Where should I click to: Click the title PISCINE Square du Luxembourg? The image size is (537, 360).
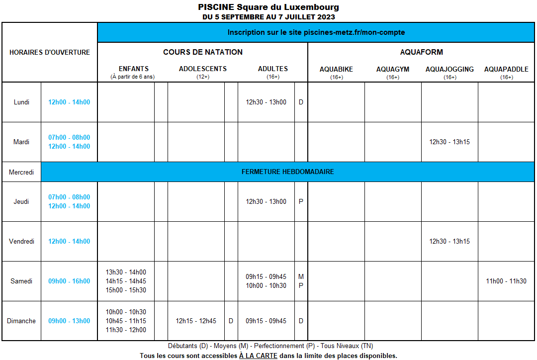pos(268,7)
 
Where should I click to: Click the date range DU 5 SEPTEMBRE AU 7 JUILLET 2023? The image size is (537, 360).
pos(268,17)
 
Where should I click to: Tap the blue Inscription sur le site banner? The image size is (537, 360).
pos(316,32)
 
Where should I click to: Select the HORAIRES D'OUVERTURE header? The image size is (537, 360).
pos(50,52)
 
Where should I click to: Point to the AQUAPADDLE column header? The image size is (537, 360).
pos(506,69)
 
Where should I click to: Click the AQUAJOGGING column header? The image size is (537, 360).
pos(449,69)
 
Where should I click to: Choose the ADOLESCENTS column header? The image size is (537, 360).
pos(202,69)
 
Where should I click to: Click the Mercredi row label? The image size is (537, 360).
pos(21,172)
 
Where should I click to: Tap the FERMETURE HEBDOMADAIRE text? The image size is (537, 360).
pos(288,172)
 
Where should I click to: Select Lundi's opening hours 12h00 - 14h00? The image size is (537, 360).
pos(69,102)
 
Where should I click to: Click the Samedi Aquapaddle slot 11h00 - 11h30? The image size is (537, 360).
pos(506,281)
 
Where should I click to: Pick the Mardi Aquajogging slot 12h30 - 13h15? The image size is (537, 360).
pos(449,142)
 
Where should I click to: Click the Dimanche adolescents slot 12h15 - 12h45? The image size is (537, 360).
pos(196,321)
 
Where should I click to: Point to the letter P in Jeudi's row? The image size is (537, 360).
pos(301,201)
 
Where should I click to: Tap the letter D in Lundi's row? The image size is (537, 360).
pos(301,102)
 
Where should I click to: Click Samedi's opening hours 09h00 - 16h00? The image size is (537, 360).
pos(69,281)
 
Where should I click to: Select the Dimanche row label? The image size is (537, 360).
pos(21,321)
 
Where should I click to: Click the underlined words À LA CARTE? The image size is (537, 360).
pos(258,356)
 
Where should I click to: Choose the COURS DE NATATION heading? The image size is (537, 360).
pos(203,52)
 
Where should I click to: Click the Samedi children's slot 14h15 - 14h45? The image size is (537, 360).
pos(126,281)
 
